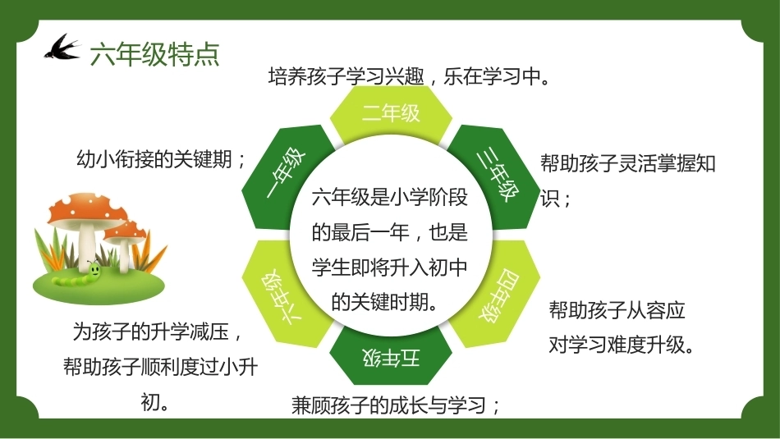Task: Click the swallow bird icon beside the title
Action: point(62,48)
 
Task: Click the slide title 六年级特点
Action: point(154,54)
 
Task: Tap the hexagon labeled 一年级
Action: point(287,177)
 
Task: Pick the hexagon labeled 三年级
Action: point(495,177)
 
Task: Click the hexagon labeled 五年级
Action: point(391,356)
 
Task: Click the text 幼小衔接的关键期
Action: point(154,159)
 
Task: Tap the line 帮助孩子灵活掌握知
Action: point(628,163)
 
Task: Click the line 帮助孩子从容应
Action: point(617,310)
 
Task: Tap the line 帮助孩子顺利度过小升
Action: point(161,367)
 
